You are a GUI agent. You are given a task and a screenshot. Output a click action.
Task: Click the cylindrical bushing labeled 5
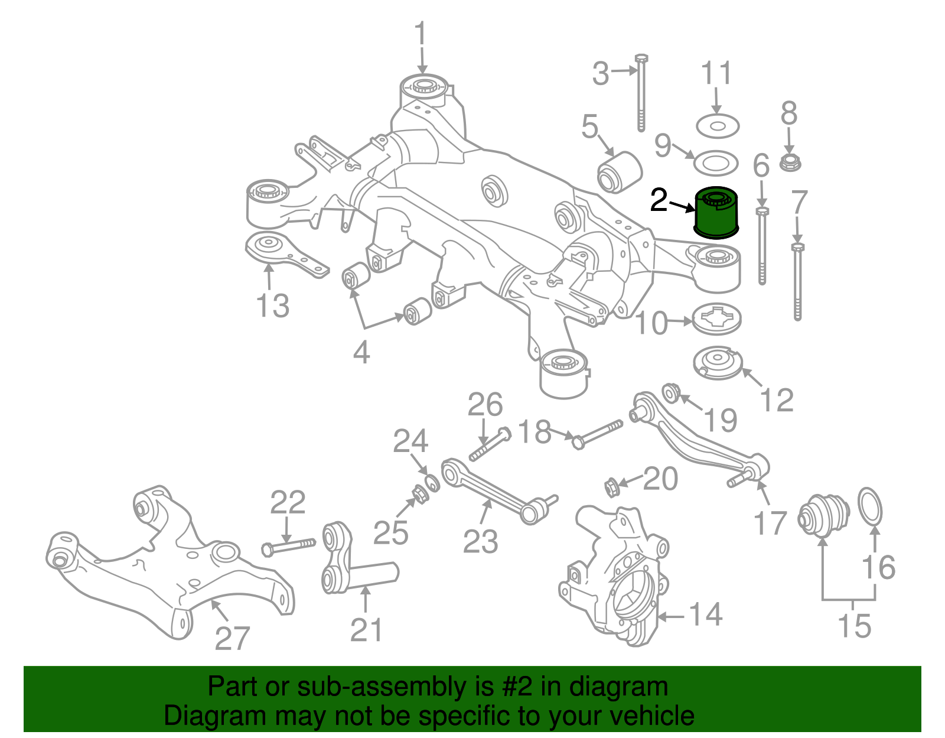[619, 171]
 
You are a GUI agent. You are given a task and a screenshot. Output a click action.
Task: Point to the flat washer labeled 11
[718, 126]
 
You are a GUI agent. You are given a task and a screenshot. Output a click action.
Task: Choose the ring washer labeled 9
[715, 162]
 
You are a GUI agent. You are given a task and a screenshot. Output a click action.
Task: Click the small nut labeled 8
[790, 162]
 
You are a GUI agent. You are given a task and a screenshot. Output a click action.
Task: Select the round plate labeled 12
[718, 363]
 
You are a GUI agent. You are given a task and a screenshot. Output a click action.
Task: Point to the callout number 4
[361, 352]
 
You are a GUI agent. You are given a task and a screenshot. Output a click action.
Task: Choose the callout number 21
[366, 630]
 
